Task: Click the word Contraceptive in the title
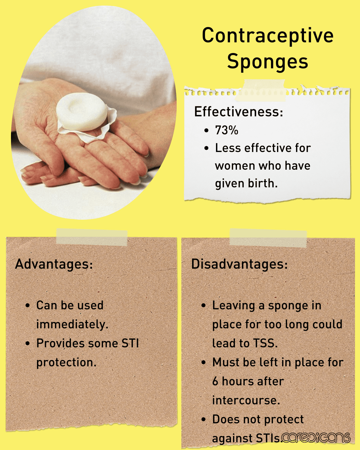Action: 268,36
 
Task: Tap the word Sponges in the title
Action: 268,62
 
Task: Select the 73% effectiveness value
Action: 227,130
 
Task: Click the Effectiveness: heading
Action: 239,112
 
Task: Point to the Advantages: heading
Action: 54,264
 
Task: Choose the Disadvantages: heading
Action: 239,264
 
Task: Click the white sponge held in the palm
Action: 82,112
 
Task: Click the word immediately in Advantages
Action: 72,324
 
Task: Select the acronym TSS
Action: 265,343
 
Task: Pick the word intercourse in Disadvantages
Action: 246,400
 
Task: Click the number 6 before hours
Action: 216,381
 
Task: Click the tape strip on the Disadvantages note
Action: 268,238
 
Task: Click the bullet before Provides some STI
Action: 28,343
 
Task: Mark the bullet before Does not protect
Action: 204,419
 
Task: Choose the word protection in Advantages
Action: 66,363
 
